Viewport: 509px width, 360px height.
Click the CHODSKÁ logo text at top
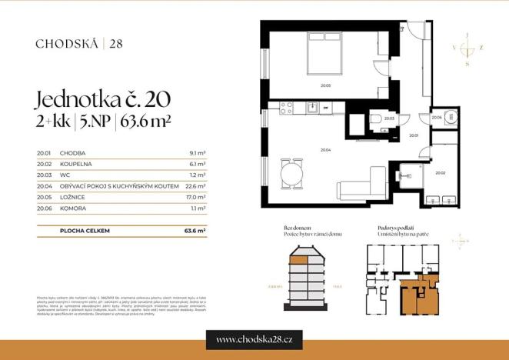click(67, 43)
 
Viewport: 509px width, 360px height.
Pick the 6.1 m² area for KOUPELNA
click(198, 164)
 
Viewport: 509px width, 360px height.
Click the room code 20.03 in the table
click(43, 175)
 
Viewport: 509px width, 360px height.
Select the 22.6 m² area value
click(196, 185)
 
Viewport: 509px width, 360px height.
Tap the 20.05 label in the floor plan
click(325, 85)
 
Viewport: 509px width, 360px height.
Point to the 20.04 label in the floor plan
click(325, 150)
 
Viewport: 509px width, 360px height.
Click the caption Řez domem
click(297, 228)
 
